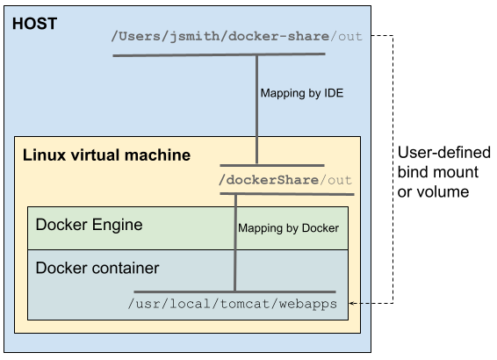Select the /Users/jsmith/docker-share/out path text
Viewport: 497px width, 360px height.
[236, 37]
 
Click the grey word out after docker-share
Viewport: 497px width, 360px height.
[348, 37]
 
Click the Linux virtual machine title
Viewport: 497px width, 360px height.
[105, 155]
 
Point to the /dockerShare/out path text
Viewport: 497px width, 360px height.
[286, 180]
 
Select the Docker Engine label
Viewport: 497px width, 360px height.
[89, 225]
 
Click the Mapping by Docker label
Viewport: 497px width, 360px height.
[288, 227]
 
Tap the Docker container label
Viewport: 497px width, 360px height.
[97, 267]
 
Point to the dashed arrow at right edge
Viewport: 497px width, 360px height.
[360, 304]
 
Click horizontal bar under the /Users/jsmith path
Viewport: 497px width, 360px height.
[219, 55]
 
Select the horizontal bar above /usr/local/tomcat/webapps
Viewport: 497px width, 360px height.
[234, 292]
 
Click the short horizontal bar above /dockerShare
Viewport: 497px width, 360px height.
[272, 165]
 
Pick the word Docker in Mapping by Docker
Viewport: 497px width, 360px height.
[320, 227]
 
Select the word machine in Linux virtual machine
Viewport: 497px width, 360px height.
[162, 155]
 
